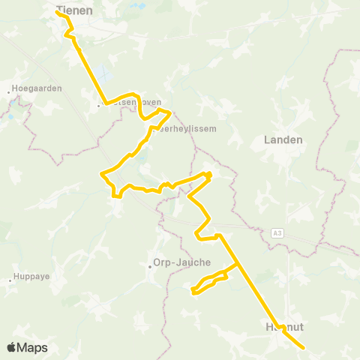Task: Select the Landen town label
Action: pyautogui.click(x=283, y=139)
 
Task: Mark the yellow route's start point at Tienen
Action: pyautogui.click(x=58, y=11)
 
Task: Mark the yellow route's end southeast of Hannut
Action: pyautogui.click(x=303, y=347)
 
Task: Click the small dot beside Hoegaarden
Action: pyautogui.click(x=10, y=92)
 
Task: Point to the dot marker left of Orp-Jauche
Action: pyautogui.click(x=150, y=263)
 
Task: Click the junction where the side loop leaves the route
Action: pyautogui.click(x=238, y=263)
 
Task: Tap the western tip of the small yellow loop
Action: pyautogui.click(x=193, y=291)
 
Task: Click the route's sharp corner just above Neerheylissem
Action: pyautogui.click(x=171, y=112)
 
